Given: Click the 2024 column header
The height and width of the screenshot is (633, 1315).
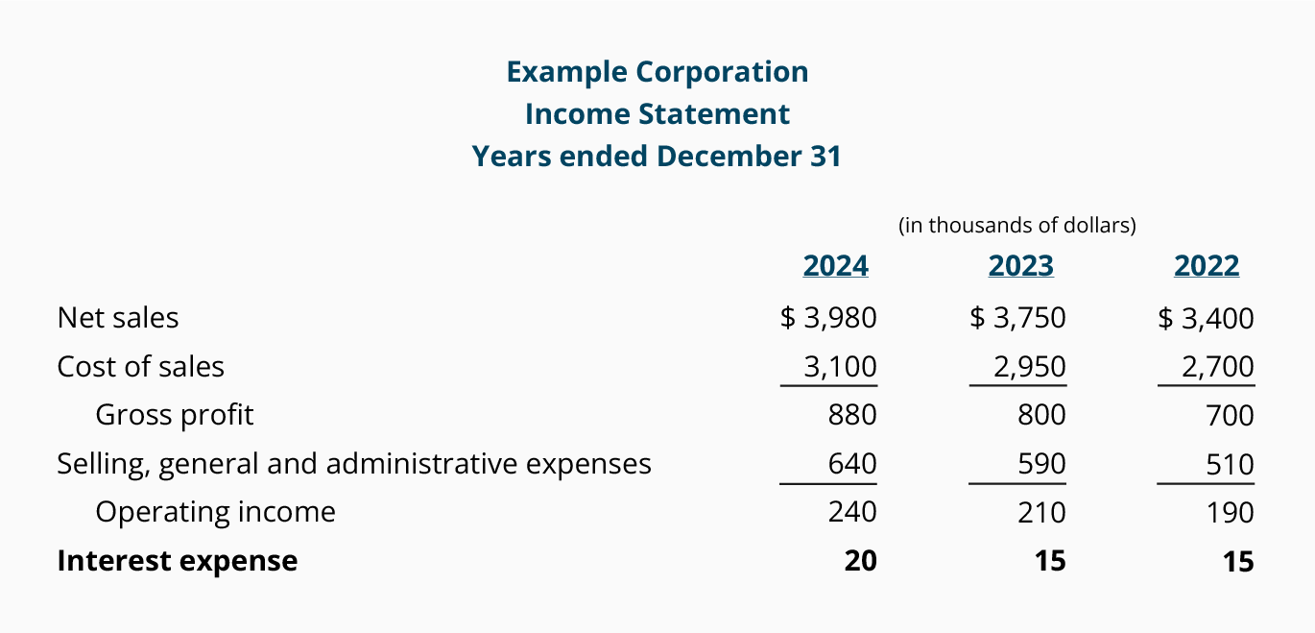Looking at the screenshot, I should pyautogui.click(x=835, y=266).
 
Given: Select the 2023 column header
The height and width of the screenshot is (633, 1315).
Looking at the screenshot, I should pyautogui.click(x=1020, y=266).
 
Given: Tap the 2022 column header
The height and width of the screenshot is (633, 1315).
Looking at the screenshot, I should pyautogui.click(x=1206, y=266).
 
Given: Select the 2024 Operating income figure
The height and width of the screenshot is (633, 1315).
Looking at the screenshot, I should pyautogui.click(x=851, y=512).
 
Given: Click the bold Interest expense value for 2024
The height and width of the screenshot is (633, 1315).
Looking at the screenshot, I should pyautogui.click(x=860, y=561).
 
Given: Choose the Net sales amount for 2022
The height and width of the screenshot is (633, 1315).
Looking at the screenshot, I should pyautogui.click(x=1207, y=318).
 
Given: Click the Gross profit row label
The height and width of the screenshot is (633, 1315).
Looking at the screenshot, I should pyautogui.click(x=175, y=415).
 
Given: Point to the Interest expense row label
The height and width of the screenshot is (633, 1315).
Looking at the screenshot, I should pyautogui.click(x=178, y=561).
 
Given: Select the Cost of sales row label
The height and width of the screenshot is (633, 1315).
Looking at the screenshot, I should pyautogui.click(x=140, y=367).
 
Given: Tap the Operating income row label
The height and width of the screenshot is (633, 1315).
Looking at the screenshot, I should pyautogui.click(x=215, y=512).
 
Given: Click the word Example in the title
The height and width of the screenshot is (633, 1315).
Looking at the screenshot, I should pyautogui.click(x=566, y=72).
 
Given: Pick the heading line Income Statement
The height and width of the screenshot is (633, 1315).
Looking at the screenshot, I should pyautogui.click(x=657, y=114).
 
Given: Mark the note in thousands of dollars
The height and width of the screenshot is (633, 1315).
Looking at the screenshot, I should pyautogui.click(x=1016, y=226).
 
